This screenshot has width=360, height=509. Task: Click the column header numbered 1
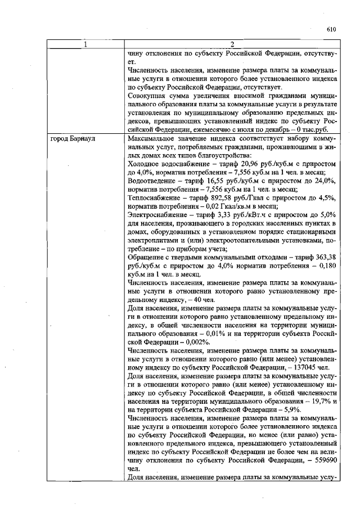(x=86, y=45)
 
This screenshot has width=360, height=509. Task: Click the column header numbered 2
(x=232, y=45)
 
